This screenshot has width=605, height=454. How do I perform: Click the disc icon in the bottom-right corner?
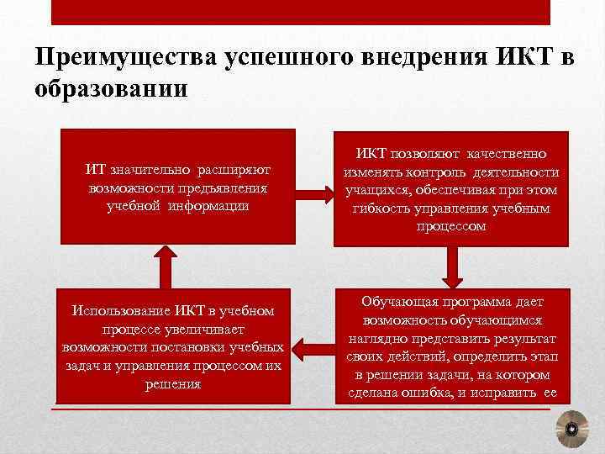[571, 430]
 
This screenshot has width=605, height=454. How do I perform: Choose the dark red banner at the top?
[301, 12]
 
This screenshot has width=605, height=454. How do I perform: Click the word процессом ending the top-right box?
[451, 226]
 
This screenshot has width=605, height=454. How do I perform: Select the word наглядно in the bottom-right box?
[376, 339]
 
